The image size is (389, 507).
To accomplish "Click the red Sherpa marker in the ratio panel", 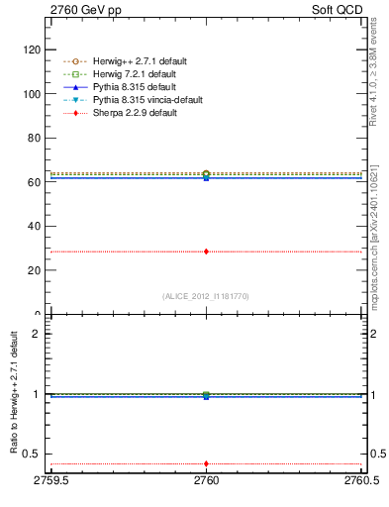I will point(206,463).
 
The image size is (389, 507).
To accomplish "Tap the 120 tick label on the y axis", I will point(31,50).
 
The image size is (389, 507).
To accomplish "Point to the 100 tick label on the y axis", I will point(31,94).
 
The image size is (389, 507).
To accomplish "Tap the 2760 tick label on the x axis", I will point(206,482).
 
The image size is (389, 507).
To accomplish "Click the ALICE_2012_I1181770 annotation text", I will point(206,295).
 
